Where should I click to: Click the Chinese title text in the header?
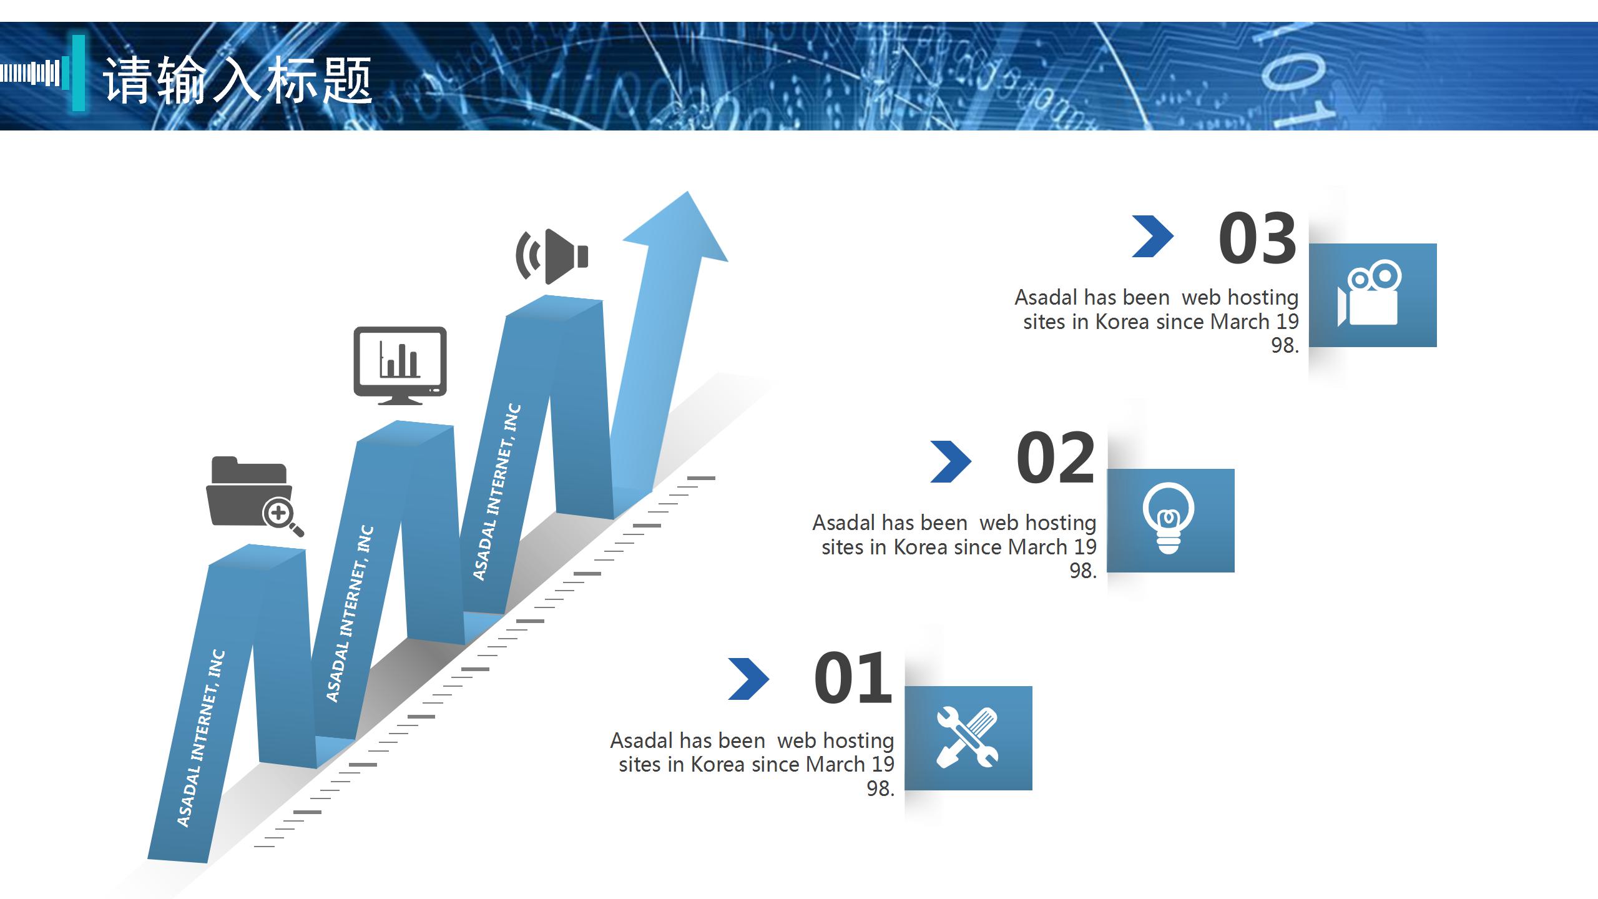(237, 80)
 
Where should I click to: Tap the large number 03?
(1257, 238)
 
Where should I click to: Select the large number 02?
(1056, 458)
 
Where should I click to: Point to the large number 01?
(853, 677)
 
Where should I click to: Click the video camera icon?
(1369, 293)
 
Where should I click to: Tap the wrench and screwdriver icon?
(968, 737)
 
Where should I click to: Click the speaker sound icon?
(552, 257)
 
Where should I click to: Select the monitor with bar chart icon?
(400, 366)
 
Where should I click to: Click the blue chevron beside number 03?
(1153, 237)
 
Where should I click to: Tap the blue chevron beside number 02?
(951, 462)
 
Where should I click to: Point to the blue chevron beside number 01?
(748, 679)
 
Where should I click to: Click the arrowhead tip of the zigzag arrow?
(688, 192)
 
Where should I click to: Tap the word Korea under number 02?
(921, 548)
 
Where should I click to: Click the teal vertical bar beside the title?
(78, 73)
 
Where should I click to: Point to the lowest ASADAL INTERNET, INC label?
(201, 739)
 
